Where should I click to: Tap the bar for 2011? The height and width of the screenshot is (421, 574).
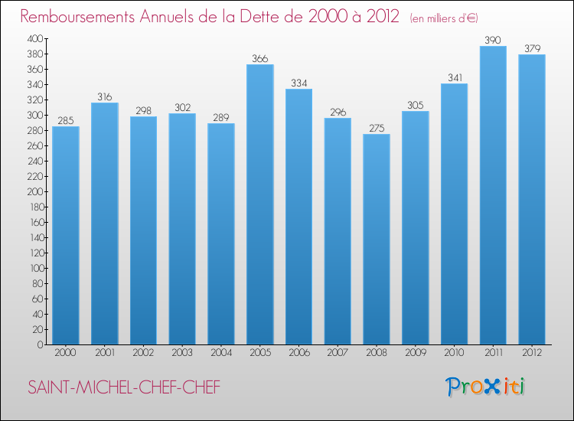coord(493,195)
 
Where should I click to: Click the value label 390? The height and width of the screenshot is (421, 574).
coord(493,39)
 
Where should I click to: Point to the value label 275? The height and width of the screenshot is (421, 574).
coord(377,127)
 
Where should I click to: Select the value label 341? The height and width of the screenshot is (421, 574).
coord(455,77)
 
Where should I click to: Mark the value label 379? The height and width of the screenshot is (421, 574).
coord(532,47)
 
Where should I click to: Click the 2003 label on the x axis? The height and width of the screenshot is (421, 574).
coord(182,353)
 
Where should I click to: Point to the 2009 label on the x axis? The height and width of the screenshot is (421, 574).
coord(416,353)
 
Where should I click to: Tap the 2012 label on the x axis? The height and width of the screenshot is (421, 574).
coord(532,353)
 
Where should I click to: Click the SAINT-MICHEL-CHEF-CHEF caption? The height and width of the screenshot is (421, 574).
coord(124,387)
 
